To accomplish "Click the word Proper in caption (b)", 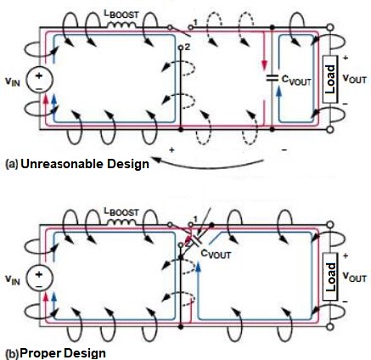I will (x=37, y=352).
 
